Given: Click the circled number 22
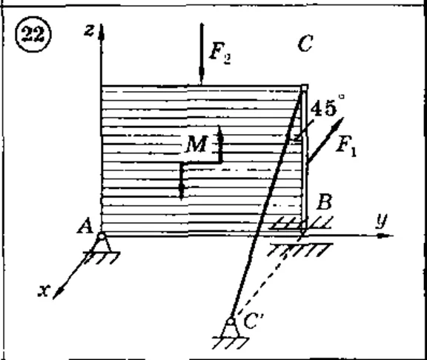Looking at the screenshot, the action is point(33,35).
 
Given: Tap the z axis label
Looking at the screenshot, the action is point(89,30).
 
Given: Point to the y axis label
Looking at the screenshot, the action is point(382,221).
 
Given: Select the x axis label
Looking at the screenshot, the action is point(44,290).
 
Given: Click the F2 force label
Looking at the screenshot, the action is point(220,53).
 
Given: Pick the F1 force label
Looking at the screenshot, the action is point(346,146).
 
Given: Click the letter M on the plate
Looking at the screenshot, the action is point(196,144).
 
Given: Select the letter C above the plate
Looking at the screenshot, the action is point(305,44).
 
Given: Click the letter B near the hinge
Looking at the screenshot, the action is point(325,202).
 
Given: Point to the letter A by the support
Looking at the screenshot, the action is point(85,227).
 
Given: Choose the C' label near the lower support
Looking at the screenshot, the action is point(254,321).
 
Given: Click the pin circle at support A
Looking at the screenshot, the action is point(102,236).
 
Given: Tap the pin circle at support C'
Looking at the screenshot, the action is point(231,321).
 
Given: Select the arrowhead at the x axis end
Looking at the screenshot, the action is point(58,293).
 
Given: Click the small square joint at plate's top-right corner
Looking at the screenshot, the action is point(305,87).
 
